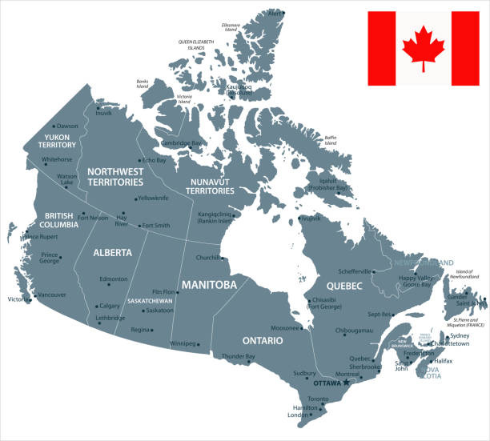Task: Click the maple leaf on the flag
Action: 424,48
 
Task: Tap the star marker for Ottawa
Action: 347,383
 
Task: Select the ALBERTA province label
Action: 112,252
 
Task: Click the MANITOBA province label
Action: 210,285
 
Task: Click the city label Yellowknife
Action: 152,198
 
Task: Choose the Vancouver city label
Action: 52,295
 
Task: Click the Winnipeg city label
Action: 183,343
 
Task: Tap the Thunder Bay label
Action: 238,355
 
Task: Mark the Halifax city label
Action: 444,362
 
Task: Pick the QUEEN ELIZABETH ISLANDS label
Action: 195,44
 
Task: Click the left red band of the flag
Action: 382,48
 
